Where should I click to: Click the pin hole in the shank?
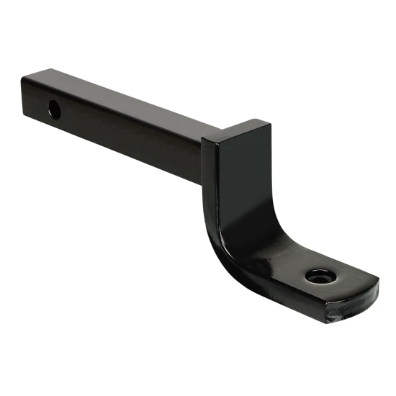tap(55, 110)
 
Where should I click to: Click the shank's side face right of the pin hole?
tap(122, 132)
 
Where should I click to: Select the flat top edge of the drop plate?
tap(238, 130)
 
